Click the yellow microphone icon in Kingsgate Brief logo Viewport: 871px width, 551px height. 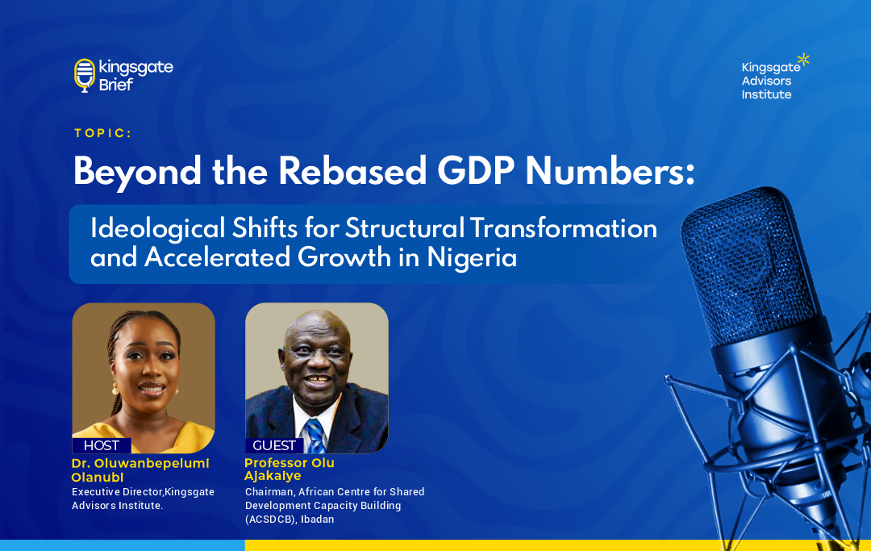[85, 75]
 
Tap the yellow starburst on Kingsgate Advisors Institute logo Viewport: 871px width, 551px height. [803, 60]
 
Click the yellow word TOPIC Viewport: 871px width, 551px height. [102, 133]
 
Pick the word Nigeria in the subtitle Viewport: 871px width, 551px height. [472, 258]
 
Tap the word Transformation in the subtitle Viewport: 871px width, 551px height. [564, 228]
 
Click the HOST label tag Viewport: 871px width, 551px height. [102, 445]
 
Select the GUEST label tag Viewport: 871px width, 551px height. [274, 445]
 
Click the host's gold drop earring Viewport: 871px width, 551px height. [115, 387]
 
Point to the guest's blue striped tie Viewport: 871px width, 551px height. [315, 436]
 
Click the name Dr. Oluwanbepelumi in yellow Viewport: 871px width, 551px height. [140, 463]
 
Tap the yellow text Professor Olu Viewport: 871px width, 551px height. [290, 463]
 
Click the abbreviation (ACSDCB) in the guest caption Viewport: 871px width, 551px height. [270, 520]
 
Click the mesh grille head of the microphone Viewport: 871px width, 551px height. [749, 265]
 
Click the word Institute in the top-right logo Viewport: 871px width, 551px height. [767, 94]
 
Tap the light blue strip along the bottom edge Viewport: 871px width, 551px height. [123, 545]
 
